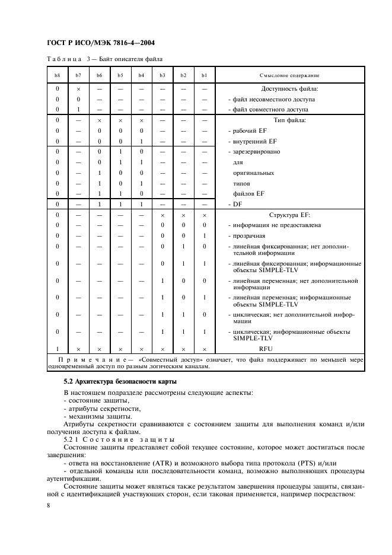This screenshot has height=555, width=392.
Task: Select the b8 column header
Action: click(x=58, y=75)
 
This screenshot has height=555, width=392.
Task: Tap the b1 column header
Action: click(x=204, y=75)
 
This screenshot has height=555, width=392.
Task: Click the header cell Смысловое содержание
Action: click(x=289, y=75)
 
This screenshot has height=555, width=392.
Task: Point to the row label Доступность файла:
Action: click(x=289, y=88)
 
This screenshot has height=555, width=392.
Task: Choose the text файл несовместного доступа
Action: click(x=273, y=99)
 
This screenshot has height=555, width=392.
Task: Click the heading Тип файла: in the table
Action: click(x=289, y=120)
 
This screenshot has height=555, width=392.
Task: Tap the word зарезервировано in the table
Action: click(x=257, y=152)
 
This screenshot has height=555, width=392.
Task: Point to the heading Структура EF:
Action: click(x=289, y=215)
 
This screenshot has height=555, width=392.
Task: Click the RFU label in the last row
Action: click(x=289, y=349)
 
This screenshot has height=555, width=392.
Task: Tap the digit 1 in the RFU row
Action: click(x=58, y=349)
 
